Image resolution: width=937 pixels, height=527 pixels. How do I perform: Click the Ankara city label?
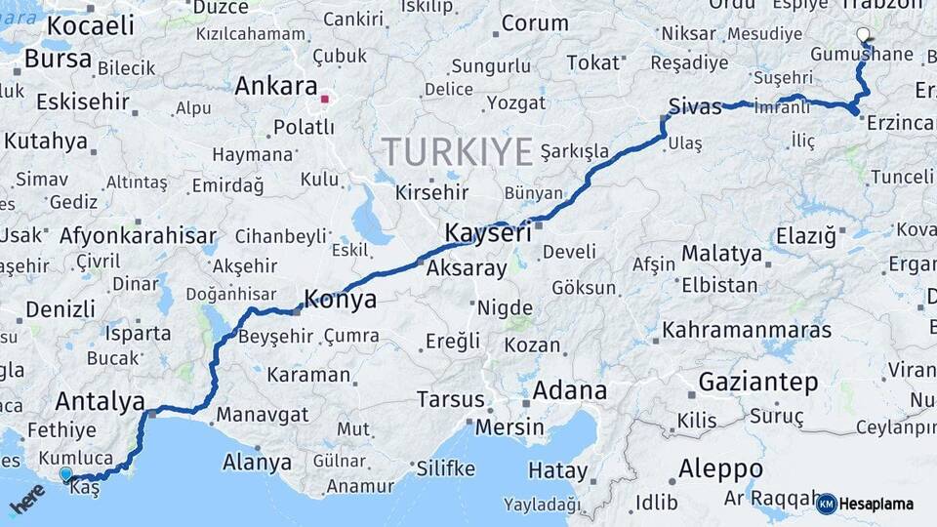[x=276, y=86]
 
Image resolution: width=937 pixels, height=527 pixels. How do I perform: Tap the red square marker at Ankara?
[x=326, y=99]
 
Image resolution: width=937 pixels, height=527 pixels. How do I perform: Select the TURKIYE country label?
[x=457, y=151]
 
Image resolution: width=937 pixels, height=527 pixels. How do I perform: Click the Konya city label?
[x=341, y=300]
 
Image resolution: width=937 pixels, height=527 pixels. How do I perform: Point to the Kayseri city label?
[x=488, y=233]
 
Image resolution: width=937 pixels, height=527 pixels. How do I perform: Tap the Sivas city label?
[x=695, y=106]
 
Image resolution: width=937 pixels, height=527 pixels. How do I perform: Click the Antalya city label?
[x=101, y=401]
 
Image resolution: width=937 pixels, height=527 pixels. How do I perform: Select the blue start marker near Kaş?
[x=65, y=473]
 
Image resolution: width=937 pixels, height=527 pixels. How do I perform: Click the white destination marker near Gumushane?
[x=863, y=35]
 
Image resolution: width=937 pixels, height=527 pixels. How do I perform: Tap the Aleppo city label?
[x=720, y=466]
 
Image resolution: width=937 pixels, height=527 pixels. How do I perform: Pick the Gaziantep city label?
[x=758, y=383]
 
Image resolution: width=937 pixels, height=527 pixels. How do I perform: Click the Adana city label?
[x=570, y=391]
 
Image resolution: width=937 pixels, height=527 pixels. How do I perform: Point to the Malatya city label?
[x=721, y=254]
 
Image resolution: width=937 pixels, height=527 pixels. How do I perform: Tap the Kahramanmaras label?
[x=746, y=330]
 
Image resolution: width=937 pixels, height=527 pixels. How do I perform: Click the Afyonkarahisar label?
[x=138, y=236]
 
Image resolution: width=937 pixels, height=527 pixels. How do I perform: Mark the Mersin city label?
[x=509, y=426]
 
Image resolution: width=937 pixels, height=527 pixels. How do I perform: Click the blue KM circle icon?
[x=826, y=504]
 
